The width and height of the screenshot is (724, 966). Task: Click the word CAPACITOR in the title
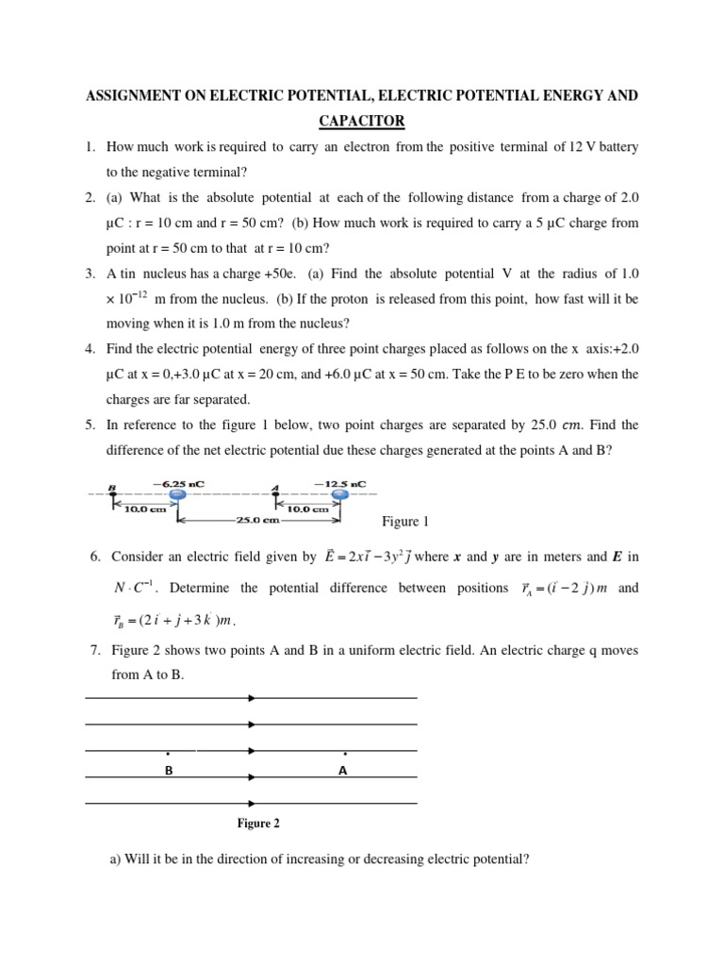362,121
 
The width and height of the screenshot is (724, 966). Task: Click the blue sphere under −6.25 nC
177,494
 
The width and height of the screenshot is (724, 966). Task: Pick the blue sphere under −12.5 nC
340,494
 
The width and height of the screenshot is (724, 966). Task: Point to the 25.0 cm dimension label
257,520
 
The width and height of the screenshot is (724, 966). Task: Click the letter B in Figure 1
112,489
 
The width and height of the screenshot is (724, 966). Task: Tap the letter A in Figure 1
275,489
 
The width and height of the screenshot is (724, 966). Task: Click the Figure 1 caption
405,522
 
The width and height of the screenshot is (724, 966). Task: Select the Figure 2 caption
258,824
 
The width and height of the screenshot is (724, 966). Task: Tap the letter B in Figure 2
169,771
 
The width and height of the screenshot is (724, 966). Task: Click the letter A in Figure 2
343,771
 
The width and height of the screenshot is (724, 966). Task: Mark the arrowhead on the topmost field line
251,698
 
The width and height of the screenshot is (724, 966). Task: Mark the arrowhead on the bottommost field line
251,804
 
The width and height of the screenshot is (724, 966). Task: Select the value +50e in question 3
255,274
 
